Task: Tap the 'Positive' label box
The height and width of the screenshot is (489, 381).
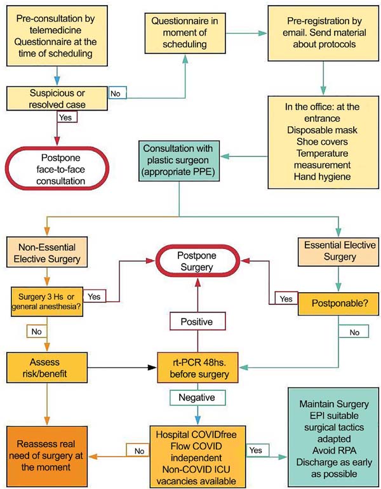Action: tap(197, 321)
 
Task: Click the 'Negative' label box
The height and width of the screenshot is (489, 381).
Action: tap(197, 398)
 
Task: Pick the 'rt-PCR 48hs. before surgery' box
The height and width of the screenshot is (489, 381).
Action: tap(198, 368)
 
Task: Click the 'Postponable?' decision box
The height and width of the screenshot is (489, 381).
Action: tap(338, 304)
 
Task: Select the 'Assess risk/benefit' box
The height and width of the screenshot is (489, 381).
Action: tap(47, 368)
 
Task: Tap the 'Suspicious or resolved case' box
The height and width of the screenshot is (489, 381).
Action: tap(57, 99)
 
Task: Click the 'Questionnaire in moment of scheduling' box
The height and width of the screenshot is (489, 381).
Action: tap(185, 33)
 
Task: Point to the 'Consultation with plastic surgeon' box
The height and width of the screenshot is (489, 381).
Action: tap(179, 161)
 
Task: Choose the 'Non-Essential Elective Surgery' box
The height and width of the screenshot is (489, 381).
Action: tap(47, 252)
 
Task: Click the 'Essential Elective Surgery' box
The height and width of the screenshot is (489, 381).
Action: tap(338, 252)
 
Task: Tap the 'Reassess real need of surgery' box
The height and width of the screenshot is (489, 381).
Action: tap(47, 455)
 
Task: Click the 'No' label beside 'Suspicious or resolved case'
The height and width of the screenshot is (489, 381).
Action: tap(117, 93)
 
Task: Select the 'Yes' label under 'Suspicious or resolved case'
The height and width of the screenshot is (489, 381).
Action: tap(67, 117)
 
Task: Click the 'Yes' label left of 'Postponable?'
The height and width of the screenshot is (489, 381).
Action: tap(286, 298)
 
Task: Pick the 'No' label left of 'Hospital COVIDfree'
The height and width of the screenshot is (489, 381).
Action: tap(138, 451)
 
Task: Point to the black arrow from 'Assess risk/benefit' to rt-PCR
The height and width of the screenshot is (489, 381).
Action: tap(122, 367)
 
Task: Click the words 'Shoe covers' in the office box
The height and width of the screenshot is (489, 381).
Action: tap(322, 142)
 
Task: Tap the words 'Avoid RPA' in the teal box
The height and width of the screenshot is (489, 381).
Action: tap(334, 451)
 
